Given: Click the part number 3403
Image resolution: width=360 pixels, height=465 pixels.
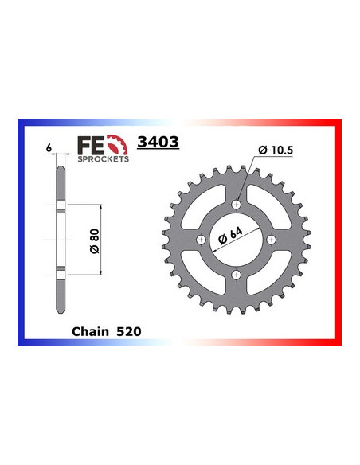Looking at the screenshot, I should point(158,144).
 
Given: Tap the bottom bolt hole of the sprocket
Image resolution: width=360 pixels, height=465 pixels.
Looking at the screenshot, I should point(236,275).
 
